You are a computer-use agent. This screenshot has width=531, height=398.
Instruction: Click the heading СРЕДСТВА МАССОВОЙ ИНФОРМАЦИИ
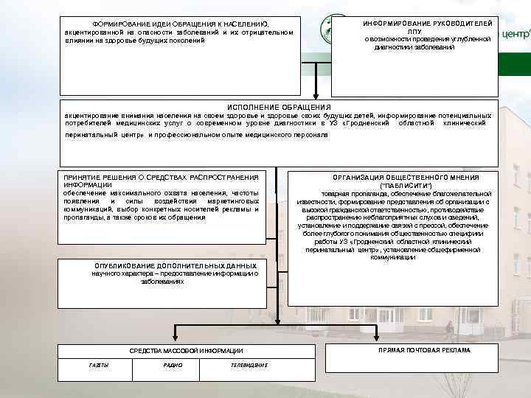(186, 351)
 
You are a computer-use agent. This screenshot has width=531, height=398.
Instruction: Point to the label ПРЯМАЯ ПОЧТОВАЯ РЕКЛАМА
(424, 350)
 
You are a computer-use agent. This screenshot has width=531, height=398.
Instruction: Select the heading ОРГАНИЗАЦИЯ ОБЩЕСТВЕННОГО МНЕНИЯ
(406, 178)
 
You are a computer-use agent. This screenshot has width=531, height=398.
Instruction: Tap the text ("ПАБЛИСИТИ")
(406, 186)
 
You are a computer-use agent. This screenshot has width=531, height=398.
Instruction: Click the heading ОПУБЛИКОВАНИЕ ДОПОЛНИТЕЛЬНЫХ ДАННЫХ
(176, 265)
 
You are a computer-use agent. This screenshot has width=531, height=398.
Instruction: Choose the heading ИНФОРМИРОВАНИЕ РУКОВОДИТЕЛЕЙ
(428, 24)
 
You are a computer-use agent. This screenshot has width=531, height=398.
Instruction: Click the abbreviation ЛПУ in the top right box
(414, 32)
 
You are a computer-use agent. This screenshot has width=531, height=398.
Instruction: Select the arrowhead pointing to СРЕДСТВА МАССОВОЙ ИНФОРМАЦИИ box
(175, 338)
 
